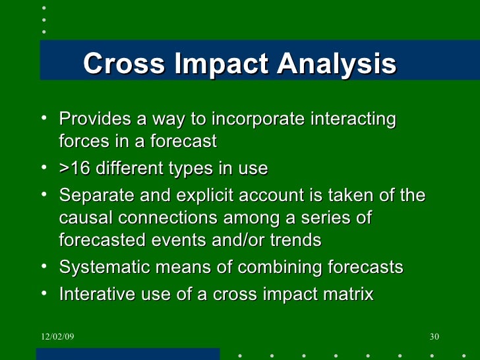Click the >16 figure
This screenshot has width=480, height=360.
click(x=75, y=169)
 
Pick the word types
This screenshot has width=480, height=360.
click(x=202, y=169)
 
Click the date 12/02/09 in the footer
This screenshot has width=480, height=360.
click(x=57, y=338)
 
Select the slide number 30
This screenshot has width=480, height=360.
click(x=434, y=338)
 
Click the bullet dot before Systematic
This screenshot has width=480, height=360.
click(x=44, y=266)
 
